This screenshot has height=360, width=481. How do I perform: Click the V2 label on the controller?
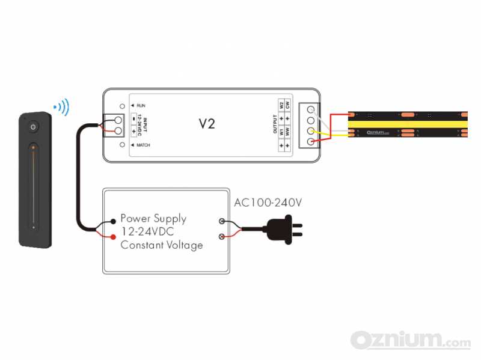point(207,124)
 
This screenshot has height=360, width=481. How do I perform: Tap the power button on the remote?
point(33,127)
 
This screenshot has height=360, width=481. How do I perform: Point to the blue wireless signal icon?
point(62,108)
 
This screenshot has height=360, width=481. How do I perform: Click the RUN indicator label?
point(141,106)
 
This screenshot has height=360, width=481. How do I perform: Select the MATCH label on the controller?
point(143,145)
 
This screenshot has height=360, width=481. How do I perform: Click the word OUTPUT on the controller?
point(275,125)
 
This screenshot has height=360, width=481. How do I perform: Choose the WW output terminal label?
point(287,130)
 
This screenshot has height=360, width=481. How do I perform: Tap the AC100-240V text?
point(268,203)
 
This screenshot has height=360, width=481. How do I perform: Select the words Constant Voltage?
point(161,245)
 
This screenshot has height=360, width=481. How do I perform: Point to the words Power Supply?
point(153,219)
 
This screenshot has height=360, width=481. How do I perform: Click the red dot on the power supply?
point(113,237)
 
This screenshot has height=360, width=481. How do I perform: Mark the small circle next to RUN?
point(123,106)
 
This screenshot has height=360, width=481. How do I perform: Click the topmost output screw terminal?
point(310,110)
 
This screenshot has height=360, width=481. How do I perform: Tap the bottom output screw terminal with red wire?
point(310,141)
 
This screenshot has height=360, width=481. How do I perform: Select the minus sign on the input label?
point(133,119)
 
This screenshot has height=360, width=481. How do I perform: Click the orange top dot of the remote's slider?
point(34,146)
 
